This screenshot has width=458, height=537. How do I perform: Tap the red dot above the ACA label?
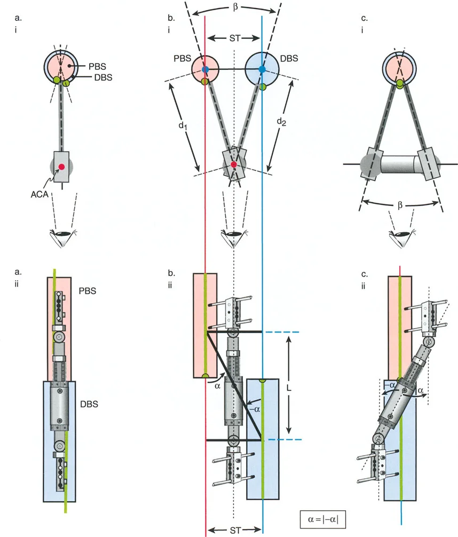[x=62, y=167]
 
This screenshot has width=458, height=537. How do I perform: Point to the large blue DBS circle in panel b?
[x=262, y=69]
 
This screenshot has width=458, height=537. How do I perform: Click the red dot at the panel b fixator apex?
[x=233, y=164]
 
